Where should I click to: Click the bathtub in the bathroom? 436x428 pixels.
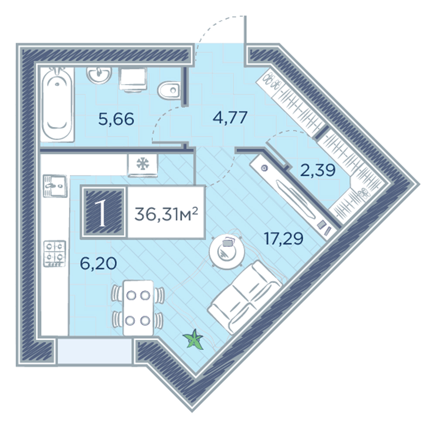pyautogui.click(x=58, y=104)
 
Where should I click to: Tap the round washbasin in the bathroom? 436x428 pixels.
pyautogui.click(x=99, y=75)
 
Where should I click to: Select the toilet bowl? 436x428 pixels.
pyautogui.click(x=169, y=89)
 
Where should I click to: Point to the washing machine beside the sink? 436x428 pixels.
pyautogui.click(x=133, y=79)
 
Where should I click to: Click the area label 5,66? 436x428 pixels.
pyautogui.click(x=116, y=119)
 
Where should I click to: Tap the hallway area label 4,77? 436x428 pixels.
pyautogui.click(x=230, y=117)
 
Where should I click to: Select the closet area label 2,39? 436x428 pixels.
pyautogui.click(x=318, y=170)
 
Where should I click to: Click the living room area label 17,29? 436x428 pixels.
pyautogui.click(x=284, y=239)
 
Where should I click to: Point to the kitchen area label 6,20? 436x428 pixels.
pyautogui.click(x=98, y=263)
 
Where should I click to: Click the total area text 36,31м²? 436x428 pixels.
pyautogui.click(x=166, y=215)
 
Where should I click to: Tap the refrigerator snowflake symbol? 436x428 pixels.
pyautogui.click(x=143, y=164)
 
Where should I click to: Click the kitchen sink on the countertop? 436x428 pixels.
pyautogui.click(x=55, y=186)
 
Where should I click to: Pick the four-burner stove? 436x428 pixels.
pyautogui.click(x=54, y=253)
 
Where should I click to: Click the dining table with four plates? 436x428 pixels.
pyautogui.click(x=138, y=308)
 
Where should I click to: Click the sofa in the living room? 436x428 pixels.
pyautogui.click(x=245, y=297)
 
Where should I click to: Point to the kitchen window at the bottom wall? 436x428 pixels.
pyautogui.click(x=95, y=351)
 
